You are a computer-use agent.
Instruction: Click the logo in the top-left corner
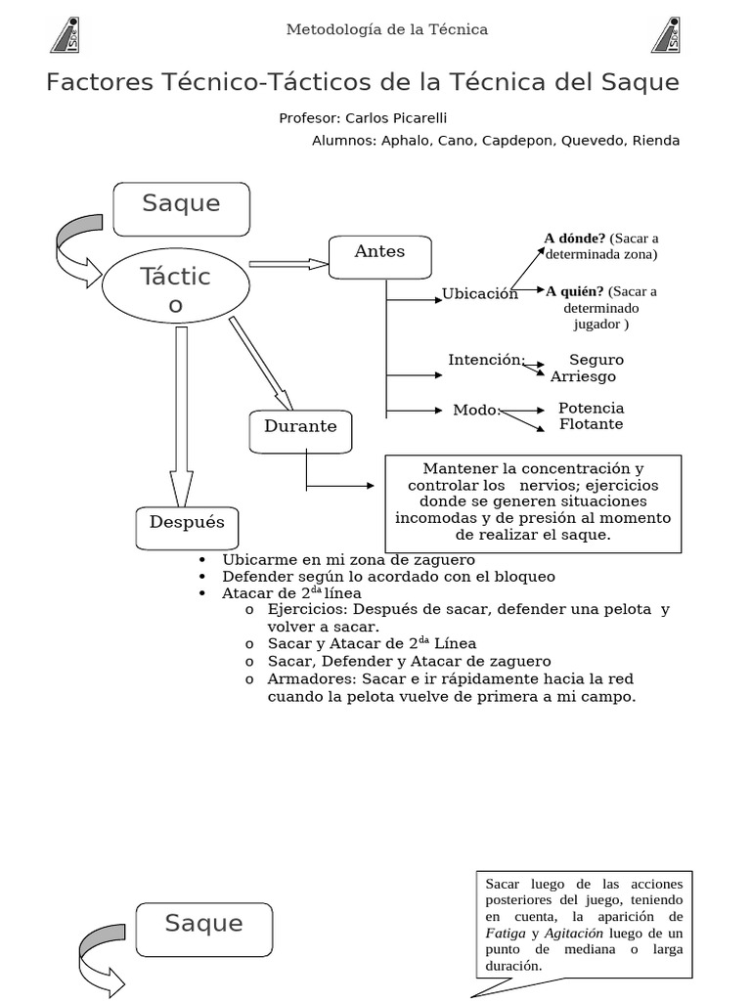pyautogui.click(x=66, y=35)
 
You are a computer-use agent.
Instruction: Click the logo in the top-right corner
pyautogui.click(x=668, y=35)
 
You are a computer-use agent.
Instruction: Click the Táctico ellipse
pyautogui.click(x=175, y=290)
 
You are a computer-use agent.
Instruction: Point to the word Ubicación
pyautogui.click(x=479, y=294)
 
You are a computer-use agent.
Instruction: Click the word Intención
pyautogui.click(x=486, y=360)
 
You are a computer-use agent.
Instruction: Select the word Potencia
pyautogui.click(x=591, y=408)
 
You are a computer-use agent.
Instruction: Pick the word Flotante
pyautogui.click(x=591, y=424)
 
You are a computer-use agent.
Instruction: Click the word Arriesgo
pyautogui.click(x=584, y=376)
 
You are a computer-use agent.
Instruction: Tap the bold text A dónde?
pyautogui.click(x=575, y=238)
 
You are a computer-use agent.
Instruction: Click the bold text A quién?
pyautogui.click(x=575, y=290)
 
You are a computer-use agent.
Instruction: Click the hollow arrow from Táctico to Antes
pyautogui.click(x=287, y=263)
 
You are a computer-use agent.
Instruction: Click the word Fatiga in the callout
pyautogui.click(x=505, y=933)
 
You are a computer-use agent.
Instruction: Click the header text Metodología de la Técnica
pyautogui.click(x=386, y=29)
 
